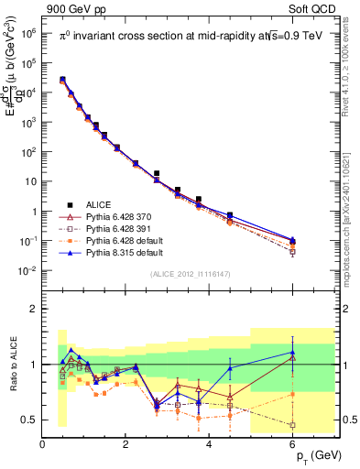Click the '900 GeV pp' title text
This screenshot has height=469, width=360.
coord(70,8)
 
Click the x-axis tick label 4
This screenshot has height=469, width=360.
coord(210,444)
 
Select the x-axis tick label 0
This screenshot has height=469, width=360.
coord(42,444)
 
